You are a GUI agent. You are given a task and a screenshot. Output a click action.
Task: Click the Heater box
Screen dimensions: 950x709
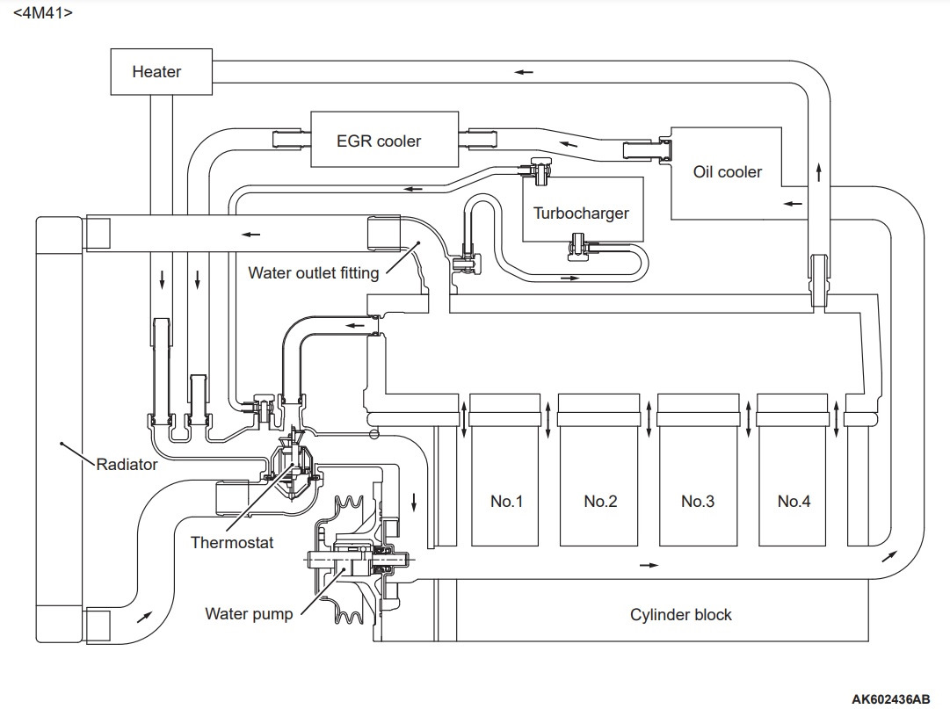pos(161,71)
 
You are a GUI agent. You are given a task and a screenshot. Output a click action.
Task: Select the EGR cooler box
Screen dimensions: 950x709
pos(384,139)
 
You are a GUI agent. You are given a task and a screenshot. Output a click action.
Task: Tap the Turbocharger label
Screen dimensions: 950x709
pos(580,213)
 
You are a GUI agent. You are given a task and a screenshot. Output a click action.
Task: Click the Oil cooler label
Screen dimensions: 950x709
pos(727,172)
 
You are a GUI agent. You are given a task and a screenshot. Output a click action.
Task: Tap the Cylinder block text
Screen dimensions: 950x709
pos(680,614)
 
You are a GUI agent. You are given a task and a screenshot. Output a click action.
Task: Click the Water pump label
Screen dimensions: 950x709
pos(249,614)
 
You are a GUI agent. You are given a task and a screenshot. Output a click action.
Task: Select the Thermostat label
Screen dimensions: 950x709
pos(231,542)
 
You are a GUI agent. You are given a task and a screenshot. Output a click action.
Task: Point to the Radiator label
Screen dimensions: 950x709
pos(127,465)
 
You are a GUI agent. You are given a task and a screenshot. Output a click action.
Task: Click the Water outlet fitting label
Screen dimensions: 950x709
pos(313,273)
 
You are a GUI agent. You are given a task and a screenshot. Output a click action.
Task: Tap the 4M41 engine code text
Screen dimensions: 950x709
pos(42,12)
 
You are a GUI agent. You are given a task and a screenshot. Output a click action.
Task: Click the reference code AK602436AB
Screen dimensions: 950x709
pos(890,699)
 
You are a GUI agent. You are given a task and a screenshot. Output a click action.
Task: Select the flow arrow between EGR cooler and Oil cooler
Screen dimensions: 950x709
pos(569,144)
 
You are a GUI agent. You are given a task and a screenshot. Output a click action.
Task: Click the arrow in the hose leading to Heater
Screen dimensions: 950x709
pos(524,72)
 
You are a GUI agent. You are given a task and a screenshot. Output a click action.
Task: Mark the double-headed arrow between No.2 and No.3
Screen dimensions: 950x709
pos(649,417)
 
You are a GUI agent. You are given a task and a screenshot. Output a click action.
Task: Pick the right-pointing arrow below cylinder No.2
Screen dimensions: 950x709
pos(649,565)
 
